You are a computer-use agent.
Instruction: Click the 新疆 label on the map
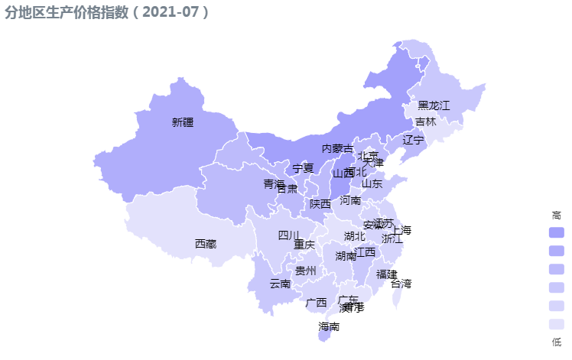tap(184, 122)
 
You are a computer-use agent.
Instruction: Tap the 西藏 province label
tap(206, 244)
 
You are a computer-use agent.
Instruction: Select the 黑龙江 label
tap(434, 105)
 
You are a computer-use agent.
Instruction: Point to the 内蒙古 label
tap(337, 148)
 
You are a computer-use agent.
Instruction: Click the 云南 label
tap(280, 284)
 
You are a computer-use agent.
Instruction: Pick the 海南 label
tap(329, 327)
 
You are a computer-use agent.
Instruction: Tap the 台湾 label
tap(401, 284)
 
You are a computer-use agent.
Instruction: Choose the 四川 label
tap(289, 235)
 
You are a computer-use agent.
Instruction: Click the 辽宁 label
tap(413, 140)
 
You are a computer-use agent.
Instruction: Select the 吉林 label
tap(426, 122)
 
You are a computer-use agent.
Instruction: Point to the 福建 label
tap(386, 274)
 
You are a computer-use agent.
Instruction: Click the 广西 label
tap(316, 303)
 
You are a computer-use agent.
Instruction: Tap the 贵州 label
tap(306, 271)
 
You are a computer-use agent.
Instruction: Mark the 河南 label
tap(350, 200)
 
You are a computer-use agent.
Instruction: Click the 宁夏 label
tap(304, 168)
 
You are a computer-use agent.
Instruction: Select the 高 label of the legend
tap(556, 216)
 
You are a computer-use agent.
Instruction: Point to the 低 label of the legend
tap(556, 342)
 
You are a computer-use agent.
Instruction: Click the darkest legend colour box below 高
tap(556, 232)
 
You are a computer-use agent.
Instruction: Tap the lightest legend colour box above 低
tap(556, 324)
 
